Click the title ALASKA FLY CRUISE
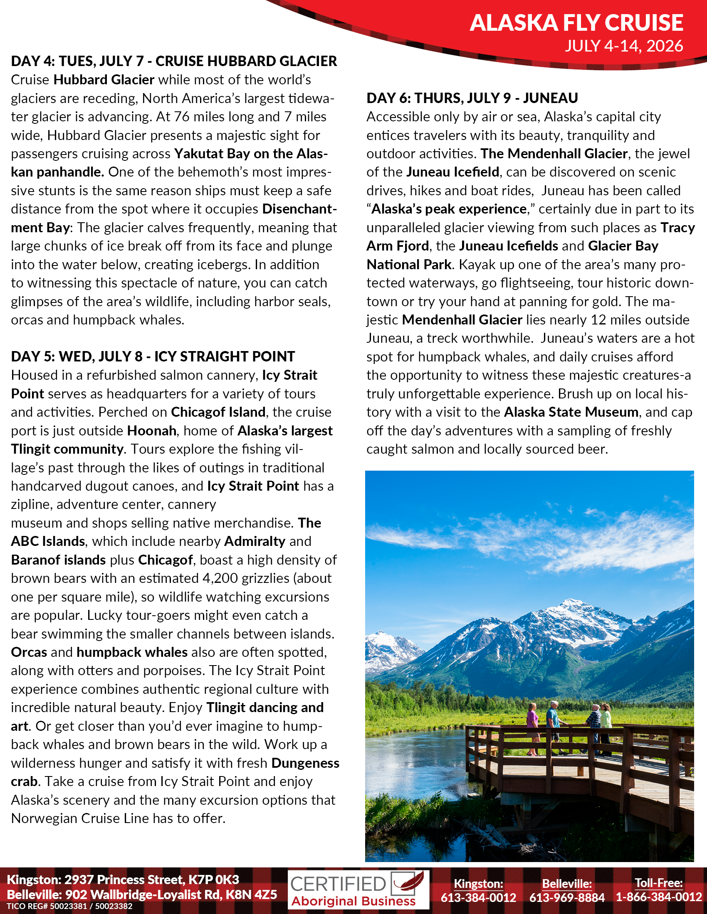576,22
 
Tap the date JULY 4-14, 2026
624,46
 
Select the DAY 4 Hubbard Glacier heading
174,61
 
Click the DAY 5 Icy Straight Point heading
153,356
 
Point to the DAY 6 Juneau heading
472,98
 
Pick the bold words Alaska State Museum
571,412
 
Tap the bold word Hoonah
152,431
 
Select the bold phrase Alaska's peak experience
449,209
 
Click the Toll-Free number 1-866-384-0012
658,897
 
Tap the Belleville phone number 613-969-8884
567,898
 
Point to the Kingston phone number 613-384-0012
478,898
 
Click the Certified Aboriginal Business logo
358,889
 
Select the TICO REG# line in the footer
69,907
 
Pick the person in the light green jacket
606,728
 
